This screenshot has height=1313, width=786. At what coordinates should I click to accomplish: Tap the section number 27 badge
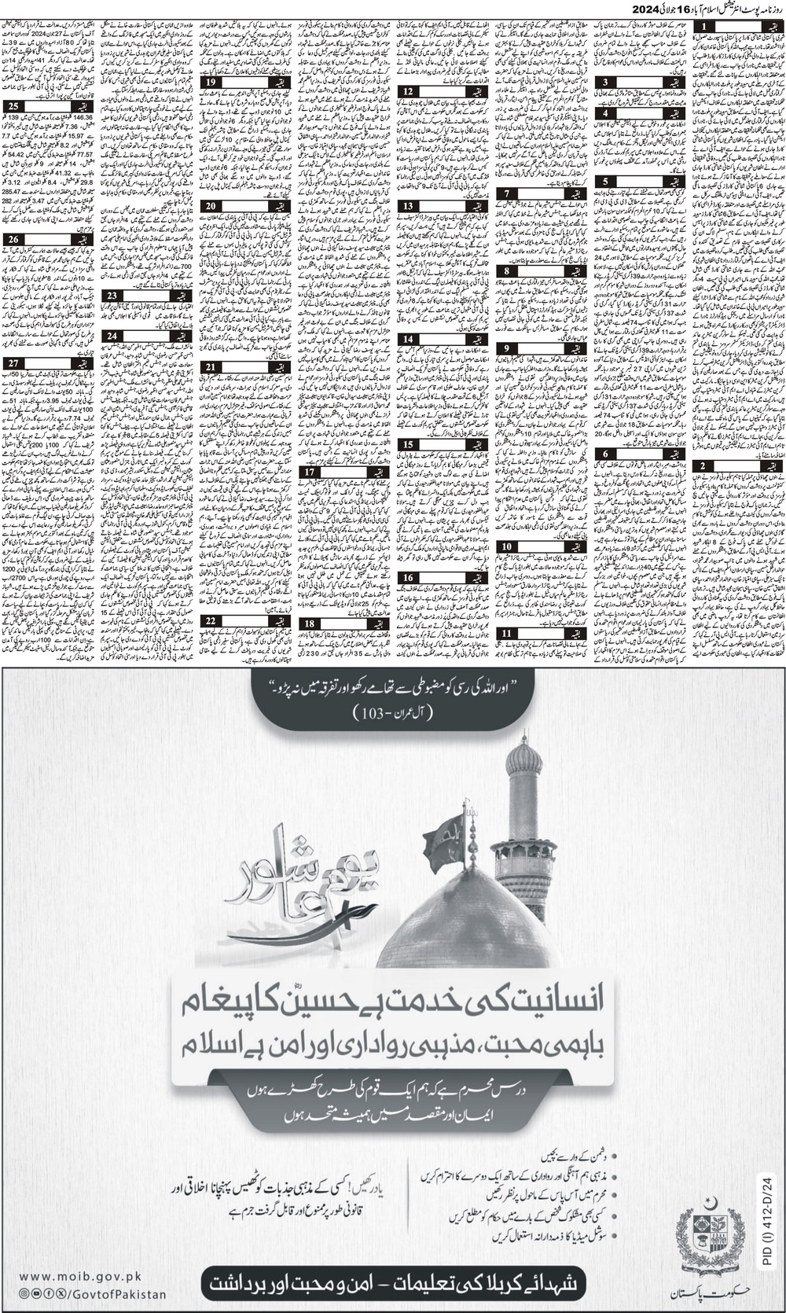click(x=13, y=362)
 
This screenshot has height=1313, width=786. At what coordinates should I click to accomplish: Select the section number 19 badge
click(x=211, y=82)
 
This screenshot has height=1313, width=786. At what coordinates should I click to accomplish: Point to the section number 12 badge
click(x=408, y=92)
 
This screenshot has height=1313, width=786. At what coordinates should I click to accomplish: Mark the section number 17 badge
click(x=310, y=472)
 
